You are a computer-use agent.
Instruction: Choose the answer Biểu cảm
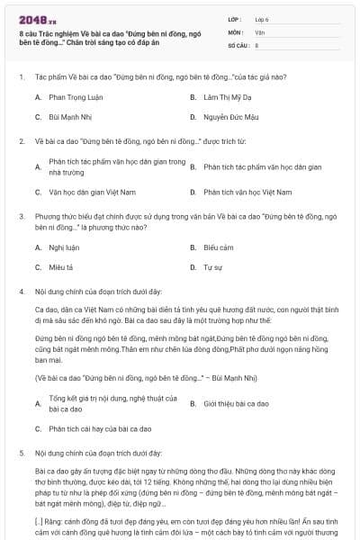pyautogui.click(x=219, y=247)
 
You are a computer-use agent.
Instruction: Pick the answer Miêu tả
pyautogui.click(x=61, y=267)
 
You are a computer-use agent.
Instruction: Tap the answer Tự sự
pyautogui.click(x=212, y=267)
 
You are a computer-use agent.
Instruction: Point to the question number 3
pyautogui.click(x=21, y=216)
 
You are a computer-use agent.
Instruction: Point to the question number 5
pyautogui.click(x=21, y=453)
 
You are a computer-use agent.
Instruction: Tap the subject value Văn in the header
pyautogui.click(x=259, y=31)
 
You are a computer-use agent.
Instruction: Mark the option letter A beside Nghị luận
pyautogui.click(x=38, y=247)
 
